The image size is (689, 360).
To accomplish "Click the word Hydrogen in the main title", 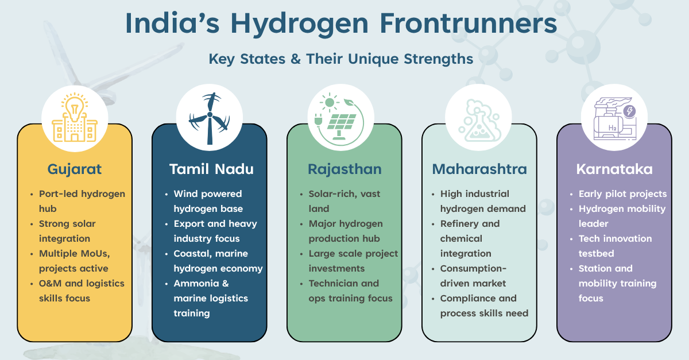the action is tap(299, 25).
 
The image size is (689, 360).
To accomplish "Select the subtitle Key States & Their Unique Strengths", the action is tap(341, 59).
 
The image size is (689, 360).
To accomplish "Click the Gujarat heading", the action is tap(75, 169).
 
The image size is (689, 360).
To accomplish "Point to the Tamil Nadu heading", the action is tap(211, 169).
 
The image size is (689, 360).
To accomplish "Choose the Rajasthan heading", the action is tap(344, 169).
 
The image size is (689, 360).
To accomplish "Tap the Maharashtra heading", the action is tap(479, 169).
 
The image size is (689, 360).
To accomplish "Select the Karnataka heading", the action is tap(614, 169).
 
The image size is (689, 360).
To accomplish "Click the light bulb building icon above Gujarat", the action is tap(75, 118).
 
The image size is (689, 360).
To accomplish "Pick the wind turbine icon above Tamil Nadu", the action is tap(210, 118).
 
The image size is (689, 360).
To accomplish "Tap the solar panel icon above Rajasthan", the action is tap(340, 119).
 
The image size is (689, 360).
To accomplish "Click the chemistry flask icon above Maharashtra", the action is tap(479, 121).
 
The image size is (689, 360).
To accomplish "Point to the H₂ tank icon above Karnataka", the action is tap(614, 119).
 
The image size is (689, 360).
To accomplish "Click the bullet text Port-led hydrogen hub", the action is tap(82, 201).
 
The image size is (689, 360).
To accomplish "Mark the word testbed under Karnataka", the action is tap(596, 254).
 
